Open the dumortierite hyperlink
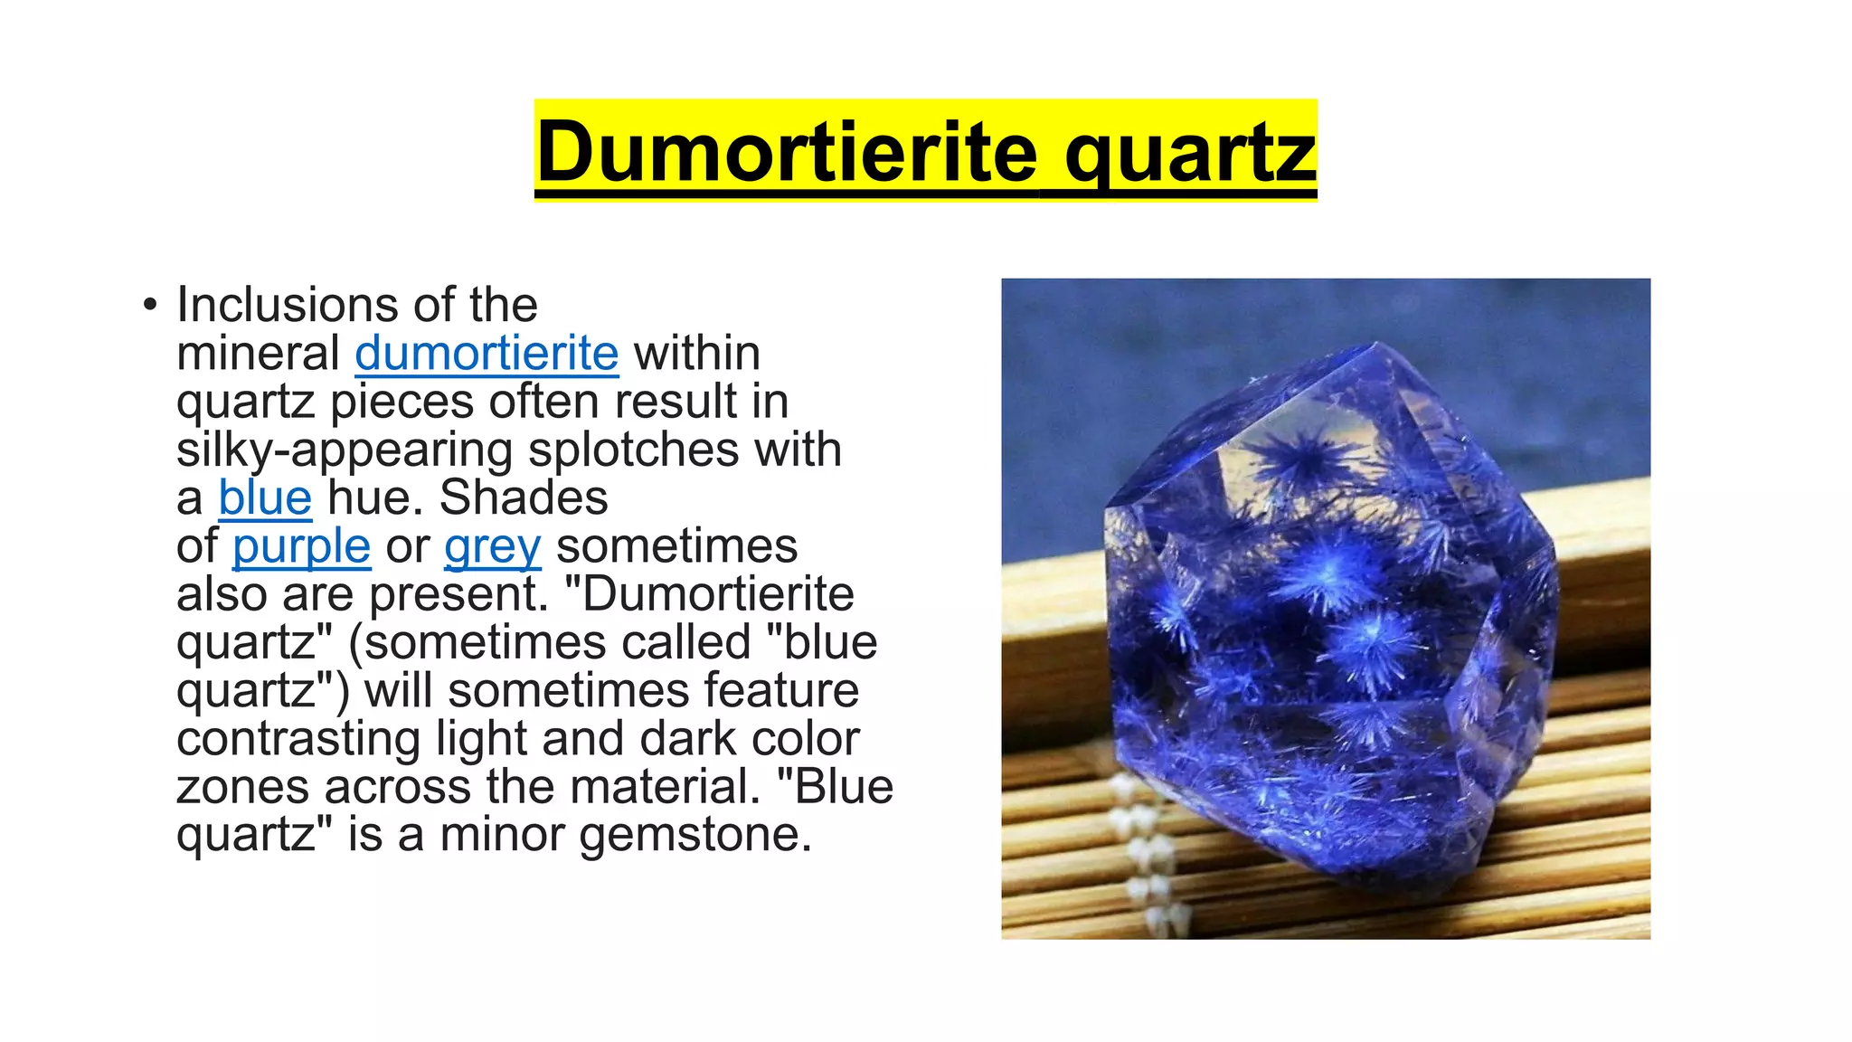(x=487, y=353)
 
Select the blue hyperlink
(x=265, y=497)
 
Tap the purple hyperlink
(x=301, y=546)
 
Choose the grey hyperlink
(x=492, y=546)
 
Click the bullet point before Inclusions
(x=150, y=305)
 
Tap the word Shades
(x=524, y=497)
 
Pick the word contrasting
(x=298, y=739)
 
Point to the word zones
(x=243, y=787)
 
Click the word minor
(x=502, y=835)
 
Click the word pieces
(x=402, y=402)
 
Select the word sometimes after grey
(x=676, y=546)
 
